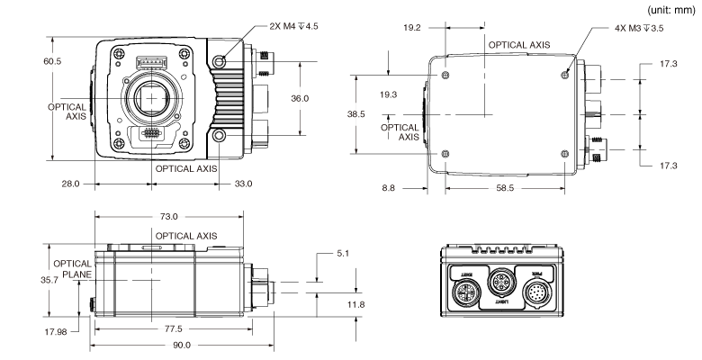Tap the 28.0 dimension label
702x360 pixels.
(x=70, y=184)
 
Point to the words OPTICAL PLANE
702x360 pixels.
(x=70, y=270)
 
